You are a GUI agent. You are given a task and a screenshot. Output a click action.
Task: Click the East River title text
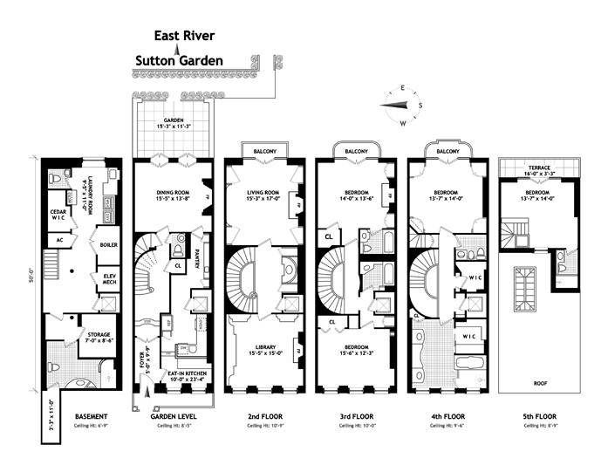184,36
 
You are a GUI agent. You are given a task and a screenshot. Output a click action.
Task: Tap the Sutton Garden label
179,61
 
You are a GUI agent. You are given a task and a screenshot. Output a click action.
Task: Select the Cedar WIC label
59,214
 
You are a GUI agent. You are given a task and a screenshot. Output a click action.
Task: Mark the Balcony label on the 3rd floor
354,152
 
